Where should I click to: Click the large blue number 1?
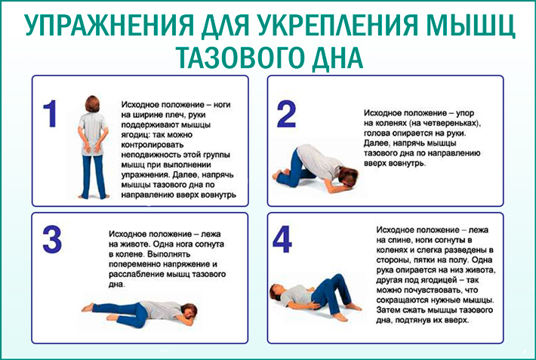[51, 114]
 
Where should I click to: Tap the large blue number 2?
[286, 114]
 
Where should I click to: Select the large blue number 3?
[52, 239]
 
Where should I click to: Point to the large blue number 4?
[282, 239]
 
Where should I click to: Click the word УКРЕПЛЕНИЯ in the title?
[337, 26]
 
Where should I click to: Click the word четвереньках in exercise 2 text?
[454, 123]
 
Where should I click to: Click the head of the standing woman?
[92, 104]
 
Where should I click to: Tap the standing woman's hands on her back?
[93, 147]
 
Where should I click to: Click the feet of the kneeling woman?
[278, 174]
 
